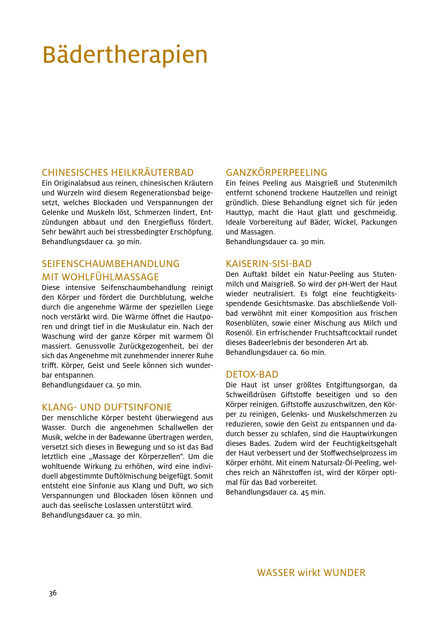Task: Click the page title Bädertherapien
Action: (125, 55)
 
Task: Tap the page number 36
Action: (53, 593)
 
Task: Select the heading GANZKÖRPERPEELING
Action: (276, 173)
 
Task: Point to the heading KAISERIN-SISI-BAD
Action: (269, 264)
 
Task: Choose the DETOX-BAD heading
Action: (252, 375)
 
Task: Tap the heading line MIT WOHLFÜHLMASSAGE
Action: (100, 277)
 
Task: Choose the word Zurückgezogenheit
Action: (118, 346)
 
